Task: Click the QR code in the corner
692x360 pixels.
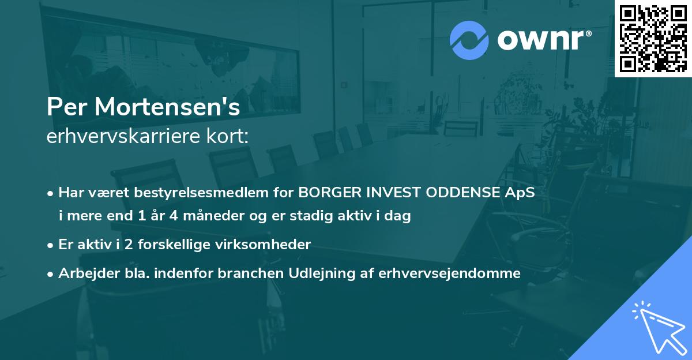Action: tap(653, 38)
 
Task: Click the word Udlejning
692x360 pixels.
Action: tap(330, 273)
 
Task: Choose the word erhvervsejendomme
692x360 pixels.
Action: tap(449, 273)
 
